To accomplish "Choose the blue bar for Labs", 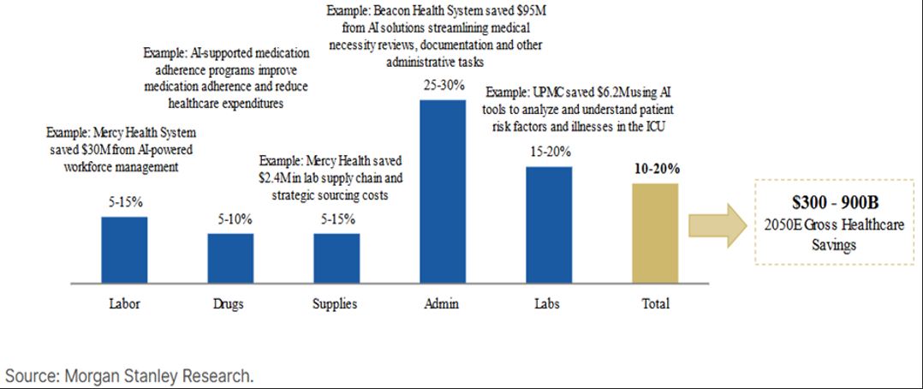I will [549, 224].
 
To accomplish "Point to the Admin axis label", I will [443, 303].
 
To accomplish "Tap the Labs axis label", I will [549, 303].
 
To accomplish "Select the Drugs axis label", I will [230, 303].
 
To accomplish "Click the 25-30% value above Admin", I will [443, 87].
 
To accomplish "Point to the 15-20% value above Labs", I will [549, 153].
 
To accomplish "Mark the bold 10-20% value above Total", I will [655, 169].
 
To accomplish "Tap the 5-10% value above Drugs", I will [230, 218].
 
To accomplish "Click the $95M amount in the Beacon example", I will [529, 12].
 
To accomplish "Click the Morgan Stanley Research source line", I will [130, 376].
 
